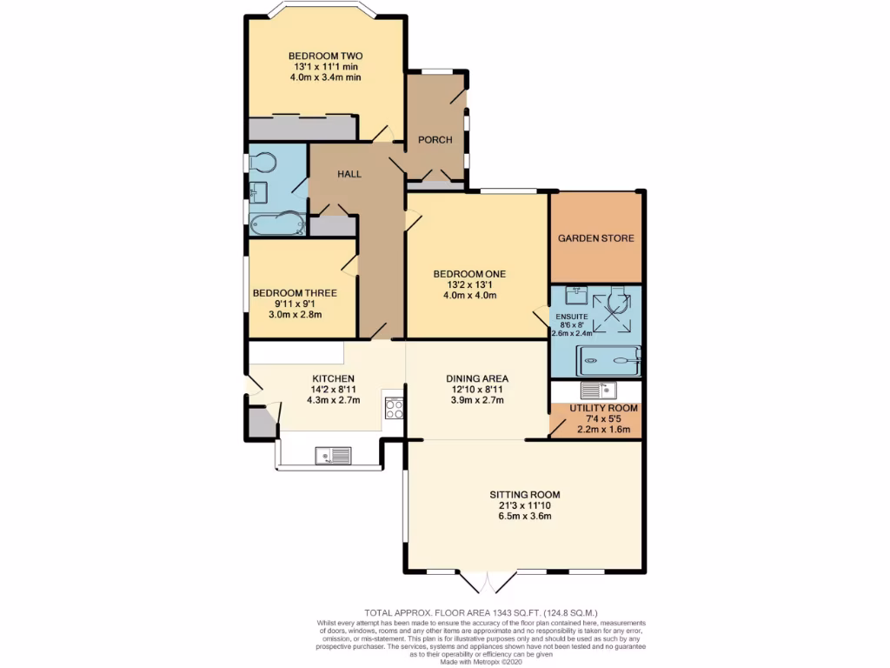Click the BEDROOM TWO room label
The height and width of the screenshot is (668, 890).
pyautogui.click(x=325, y=56)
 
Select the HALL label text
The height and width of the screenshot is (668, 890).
pyautogui.click(x=349, y=174)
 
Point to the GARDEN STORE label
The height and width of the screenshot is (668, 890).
pyautogui.click(x=595, y=237)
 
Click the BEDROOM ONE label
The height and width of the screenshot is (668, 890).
pyautogui.click(x=469, y=274)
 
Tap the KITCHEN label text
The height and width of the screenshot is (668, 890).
pyautogui.click(x=333, y=378)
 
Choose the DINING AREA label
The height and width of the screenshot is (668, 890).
pyautogui.click(x=476, y=378)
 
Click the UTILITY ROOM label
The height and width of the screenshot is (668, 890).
pyautogui.click(x=603, y=408)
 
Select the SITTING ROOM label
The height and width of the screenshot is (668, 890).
pyautogui.click(x=525, y=494)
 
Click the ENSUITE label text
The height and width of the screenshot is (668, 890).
pyautogui.click(x=571, y=317)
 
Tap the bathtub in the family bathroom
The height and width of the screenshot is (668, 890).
pyautogui.click(x=276, y=224)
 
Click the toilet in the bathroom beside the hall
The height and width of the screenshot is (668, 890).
pyautogui.click(x=262, y=161)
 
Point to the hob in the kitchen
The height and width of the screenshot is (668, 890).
pyautogui.click(x=393, y=408)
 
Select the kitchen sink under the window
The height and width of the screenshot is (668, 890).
pyautogui.click(x=334, y=454)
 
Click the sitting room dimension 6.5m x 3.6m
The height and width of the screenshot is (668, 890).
pyautogui.click(x=525, y=516)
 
